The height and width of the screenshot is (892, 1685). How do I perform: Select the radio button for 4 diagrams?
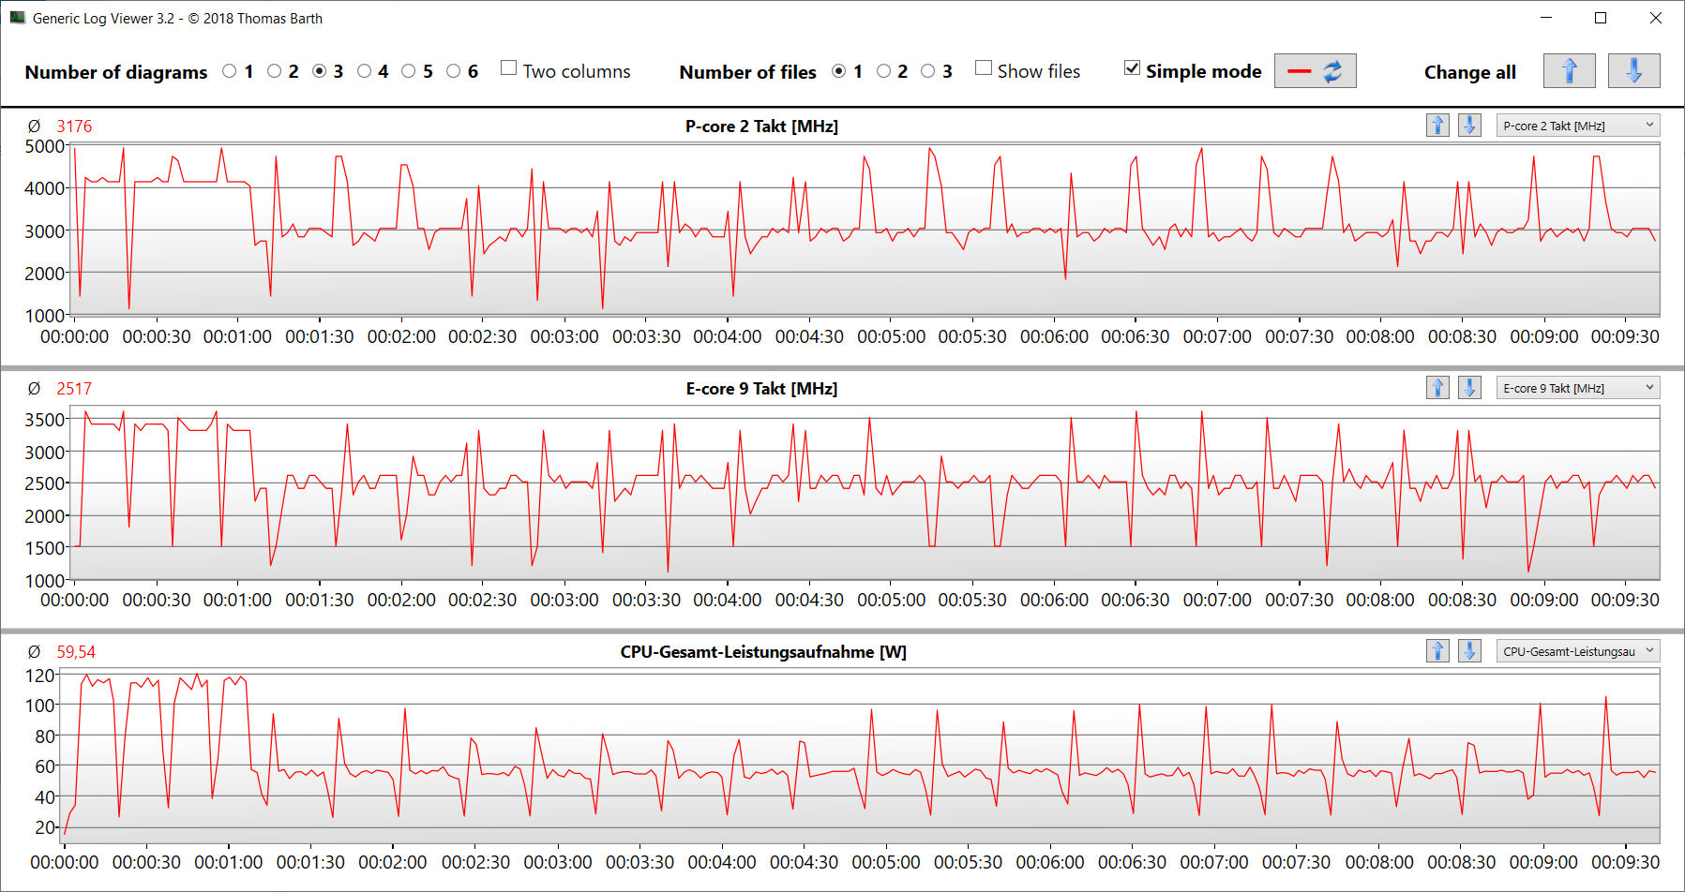pos(365,71)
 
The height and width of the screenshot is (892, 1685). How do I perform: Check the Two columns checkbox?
pos(509,68)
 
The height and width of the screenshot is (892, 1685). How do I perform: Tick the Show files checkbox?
pos(984,68)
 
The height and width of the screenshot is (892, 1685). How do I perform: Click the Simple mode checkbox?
pos(1133,68)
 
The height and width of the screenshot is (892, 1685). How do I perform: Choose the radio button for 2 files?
pos(883,71)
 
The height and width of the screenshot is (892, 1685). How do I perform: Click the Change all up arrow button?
pos(1569,71)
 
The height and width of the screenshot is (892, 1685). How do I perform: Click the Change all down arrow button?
pos(1633,71)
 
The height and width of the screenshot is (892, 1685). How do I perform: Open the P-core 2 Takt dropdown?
pos(1578,126)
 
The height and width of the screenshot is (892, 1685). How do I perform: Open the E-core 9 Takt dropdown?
pos(1578,388)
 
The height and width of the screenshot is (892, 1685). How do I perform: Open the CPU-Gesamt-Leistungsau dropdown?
pos(1578,651)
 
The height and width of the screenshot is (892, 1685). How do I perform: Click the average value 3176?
pos(74,126)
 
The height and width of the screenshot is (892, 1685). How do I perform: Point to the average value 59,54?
pos(76,652)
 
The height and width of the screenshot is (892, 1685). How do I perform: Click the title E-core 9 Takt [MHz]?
pos(761,389)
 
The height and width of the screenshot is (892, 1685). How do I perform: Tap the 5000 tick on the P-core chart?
pos(44,146)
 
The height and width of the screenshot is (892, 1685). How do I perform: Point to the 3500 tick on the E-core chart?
pos(44,420)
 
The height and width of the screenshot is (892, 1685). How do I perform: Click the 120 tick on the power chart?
pos(39,676)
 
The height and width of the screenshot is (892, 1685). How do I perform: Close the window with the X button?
pos(1656,18)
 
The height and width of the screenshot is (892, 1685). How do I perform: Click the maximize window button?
pos(1601,18)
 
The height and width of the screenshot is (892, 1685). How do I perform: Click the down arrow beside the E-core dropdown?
pos(1469,388)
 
